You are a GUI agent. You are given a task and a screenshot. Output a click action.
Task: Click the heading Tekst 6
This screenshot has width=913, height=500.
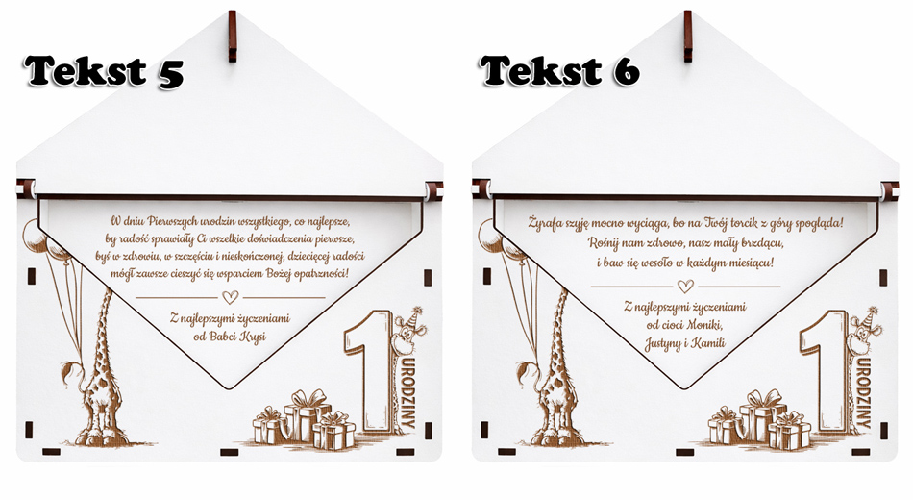[559, 70]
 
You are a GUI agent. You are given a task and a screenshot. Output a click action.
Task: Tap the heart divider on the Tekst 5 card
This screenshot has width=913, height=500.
[231, 297]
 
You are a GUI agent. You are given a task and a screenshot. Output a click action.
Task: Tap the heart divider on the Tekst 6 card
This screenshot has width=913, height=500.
[686, 287]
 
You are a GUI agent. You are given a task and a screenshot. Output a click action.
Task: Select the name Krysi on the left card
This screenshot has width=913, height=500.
[254, 337]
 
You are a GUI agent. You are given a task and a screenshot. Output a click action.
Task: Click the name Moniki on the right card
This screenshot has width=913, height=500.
[704, 325]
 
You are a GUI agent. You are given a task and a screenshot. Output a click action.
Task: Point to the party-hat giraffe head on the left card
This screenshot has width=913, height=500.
[408, 331]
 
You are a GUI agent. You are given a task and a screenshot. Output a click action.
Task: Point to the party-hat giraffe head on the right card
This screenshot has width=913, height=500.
[864, 331]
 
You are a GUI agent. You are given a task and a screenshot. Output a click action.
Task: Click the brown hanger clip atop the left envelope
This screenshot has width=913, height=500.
[233, 36]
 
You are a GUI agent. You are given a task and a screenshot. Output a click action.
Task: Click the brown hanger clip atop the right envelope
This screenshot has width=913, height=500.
[688, 36]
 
